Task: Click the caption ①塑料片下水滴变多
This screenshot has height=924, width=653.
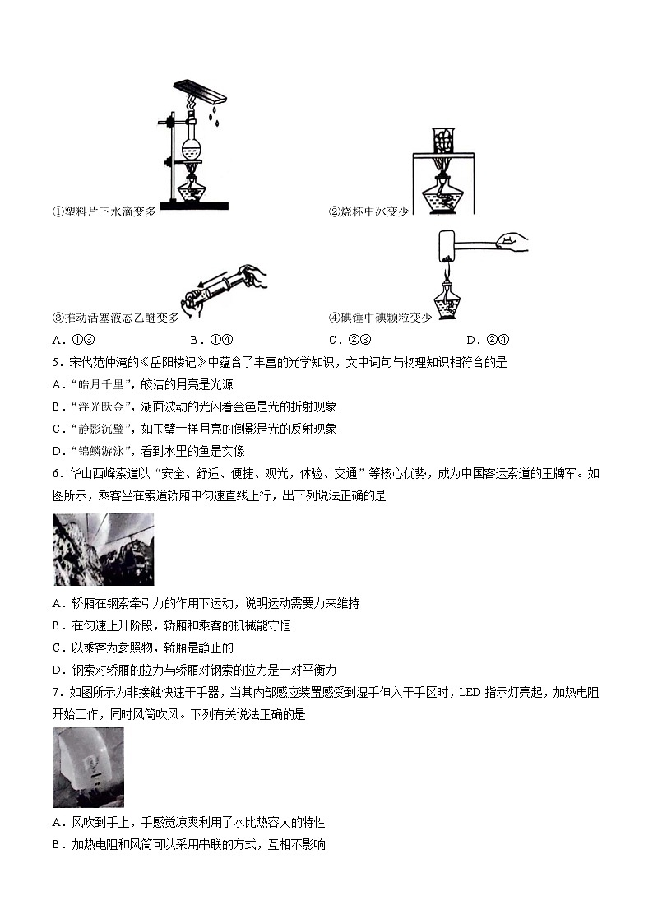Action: coord(104,211)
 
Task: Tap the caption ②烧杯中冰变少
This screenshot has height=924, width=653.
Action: coord(368,211)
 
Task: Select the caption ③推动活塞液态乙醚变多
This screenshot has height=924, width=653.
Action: coord(115,318)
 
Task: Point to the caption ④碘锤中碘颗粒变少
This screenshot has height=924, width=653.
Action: coord(381,318)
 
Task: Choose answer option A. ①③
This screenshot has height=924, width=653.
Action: coord(73,340)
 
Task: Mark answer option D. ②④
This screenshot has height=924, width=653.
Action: coord(488,340)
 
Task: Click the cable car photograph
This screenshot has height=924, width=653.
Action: coord(104,549)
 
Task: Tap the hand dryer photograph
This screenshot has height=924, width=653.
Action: coord(88,767)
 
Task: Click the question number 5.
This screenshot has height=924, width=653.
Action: coord(57,362)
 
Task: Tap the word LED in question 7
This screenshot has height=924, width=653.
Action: coord(470,693)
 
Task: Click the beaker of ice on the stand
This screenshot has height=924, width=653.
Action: coord(442,140)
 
